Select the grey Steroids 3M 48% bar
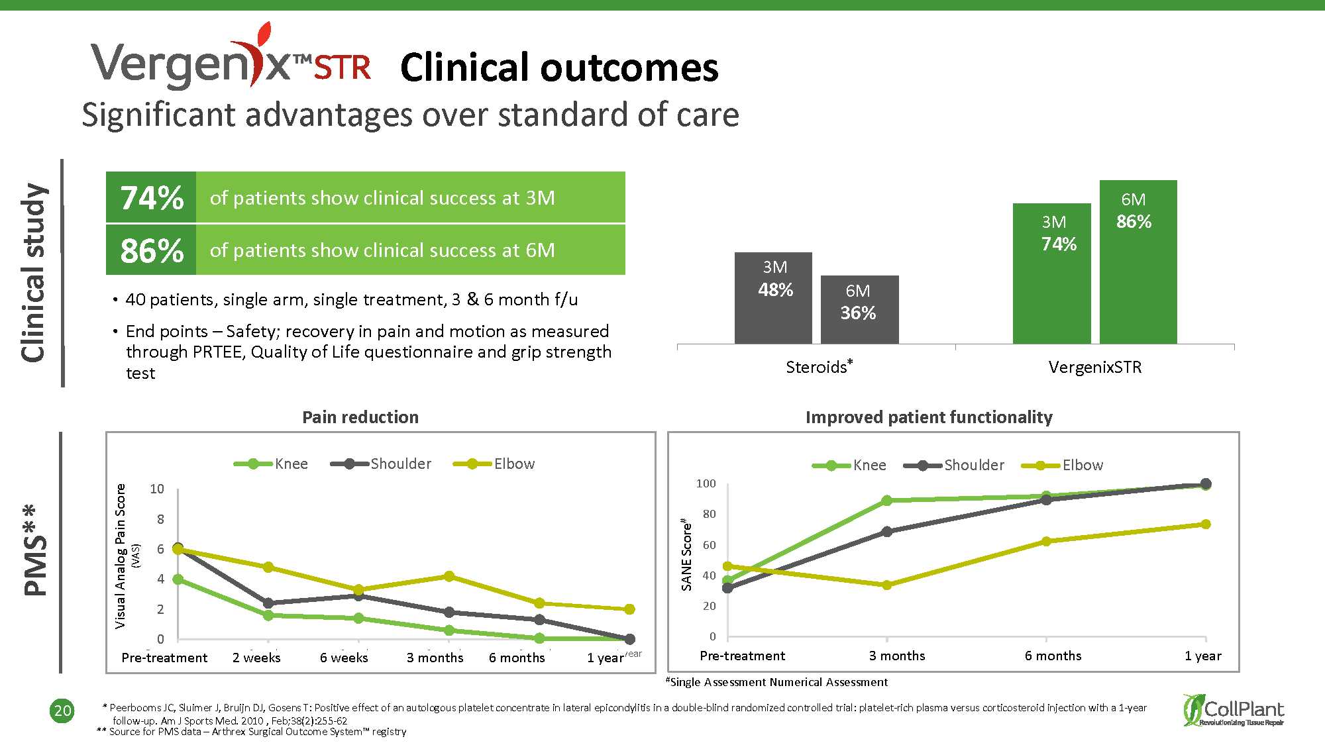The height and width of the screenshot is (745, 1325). click(x=773, y=298)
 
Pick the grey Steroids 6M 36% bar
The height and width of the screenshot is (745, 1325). click(x=859, y=309)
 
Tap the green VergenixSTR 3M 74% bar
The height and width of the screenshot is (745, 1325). click(x=1051, y=273)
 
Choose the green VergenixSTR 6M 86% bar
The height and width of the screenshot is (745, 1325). click(x=1138, y=262)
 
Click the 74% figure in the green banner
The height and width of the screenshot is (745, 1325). click(x=152, y=198)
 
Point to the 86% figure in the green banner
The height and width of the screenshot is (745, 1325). click(x=152, y=251)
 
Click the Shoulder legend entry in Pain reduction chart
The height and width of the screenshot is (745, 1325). click(x=381, y=464)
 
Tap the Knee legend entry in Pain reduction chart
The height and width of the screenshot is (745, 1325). click(x=271, y=464)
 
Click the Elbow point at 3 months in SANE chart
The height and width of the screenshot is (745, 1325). click(x=886, y=585)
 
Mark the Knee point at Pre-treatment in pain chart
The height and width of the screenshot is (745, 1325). click(x=178, y=579)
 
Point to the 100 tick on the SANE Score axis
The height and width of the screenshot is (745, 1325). click(x=706, y=483)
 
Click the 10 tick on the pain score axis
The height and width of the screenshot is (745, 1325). click(x=157, y=489)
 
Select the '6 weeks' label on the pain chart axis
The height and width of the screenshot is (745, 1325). click(x=344, y=658)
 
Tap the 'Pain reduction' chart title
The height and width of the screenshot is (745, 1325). click(x=360, y=417)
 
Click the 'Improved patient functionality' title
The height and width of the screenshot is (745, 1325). click(x=929, y=417)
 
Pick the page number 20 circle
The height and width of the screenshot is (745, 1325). click(x=62, y=711)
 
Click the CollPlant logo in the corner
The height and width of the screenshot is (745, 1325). click(x=1234, y=711)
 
